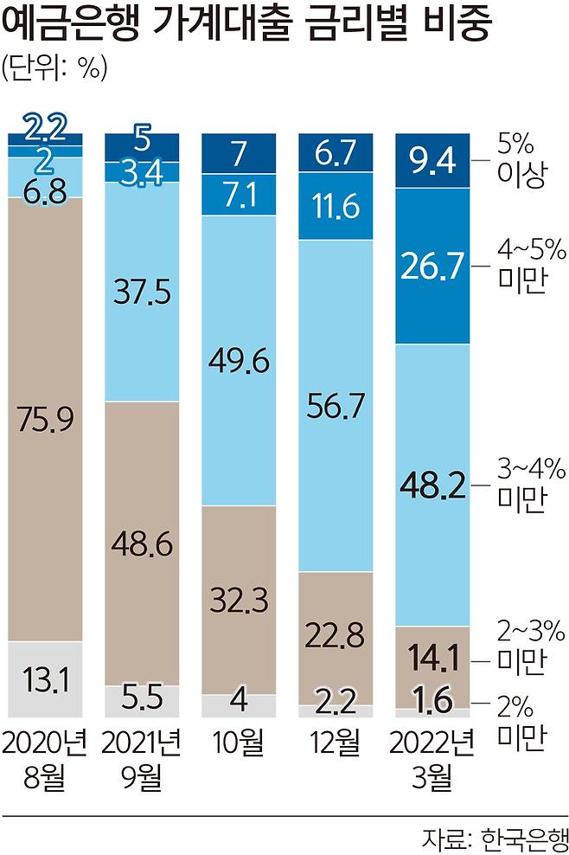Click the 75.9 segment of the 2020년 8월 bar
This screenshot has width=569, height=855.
(45, 419)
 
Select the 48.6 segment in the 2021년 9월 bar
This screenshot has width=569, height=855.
(142, 543)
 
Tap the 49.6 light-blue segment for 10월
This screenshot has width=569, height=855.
(239, 359)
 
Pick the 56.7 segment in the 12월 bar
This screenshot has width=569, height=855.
(336, 405)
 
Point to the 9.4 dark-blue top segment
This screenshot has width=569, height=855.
(432, 160)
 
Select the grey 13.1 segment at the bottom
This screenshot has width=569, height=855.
(45, 679)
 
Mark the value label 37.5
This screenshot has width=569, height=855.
(142, 292)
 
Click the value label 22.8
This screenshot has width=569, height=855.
(336, 638)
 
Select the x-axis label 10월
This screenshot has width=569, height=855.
(239, 743)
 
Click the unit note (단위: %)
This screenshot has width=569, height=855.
(54, 69)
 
